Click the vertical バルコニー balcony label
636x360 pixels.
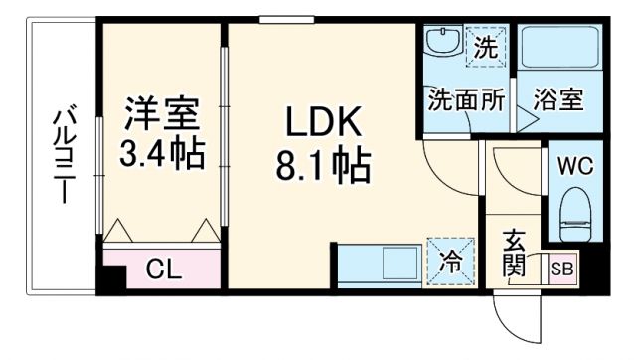[x=62, y=159]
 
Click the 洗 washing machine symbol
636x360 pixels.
[x=484, y=46]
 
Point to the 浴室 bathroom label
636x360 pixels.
[x=557, y=99]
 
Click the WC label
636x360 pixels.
[x=574, y=165]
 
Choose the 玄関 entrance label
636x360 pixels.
[x=514, y=254]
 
